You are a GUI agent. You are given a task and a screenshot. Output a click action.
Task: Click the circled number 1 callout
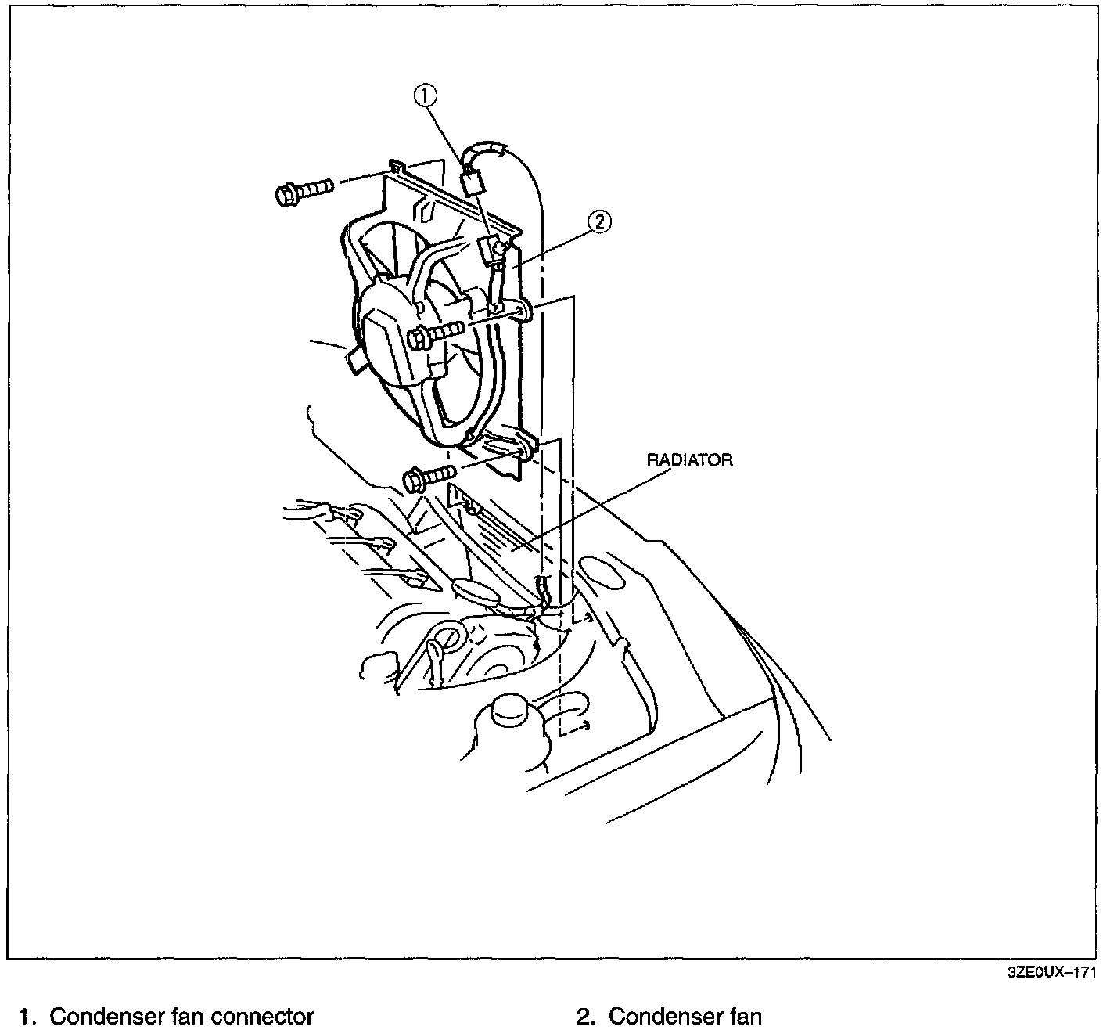pyautogui.click(x=426, y=95)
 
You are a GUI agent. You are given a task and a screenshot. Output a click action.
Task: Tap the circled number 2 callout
pyautogui.click(x=598, y=222)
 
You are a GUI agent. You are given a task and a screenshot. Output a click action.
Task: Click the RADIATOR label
pyautogui.click(x=689, y=459)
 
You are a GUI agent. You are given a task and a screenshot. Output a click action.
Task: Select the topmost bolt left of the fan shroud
pyautogui.click(x=303, y=191)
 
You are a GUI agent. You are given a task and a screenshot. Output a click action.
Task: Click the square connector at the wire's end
pyautogui.click(x=472, y=183)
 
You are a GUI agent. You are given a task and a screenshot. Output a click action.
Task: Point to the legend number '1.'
pyautogui.click(x=29, y=1017)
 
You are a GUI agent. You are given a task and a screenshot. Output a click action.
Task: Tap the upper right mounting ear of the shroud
pyautogui.click(x=524, y=311)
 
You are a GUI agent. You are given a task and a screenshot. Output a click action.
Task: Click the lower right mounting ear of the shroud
pyautogui.click(x=526, y=450)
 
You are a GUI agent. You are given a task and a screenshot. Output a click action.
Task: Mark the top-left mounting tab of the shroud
pyautogui.click(x=397, y=166)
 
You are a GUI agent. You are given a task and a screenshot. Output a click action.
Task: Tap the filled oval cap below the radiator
pyautogui.click(x=476, y=591)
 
